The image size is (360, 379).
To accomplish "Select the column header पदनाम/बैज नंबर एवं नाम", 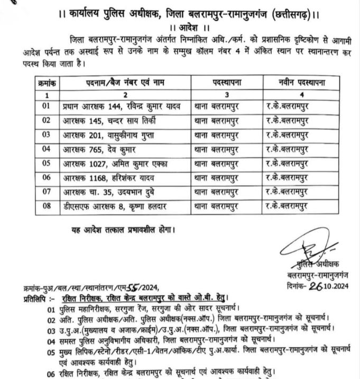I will [125, 83].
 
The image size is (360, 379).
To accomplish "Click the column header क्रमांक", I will [48, 83].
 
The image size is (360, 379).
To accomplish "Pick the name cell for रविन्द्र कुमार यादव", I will [123, 106].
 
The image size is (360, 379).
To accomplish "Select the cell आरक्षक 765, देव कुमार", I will [95, 150].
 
